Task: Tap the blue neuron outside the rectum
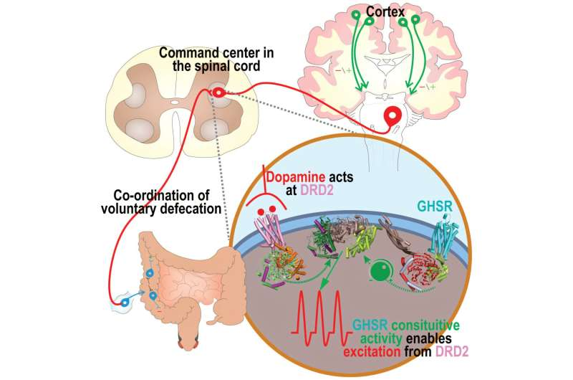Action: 125,303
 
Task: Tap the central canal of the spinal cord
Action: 174,102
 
